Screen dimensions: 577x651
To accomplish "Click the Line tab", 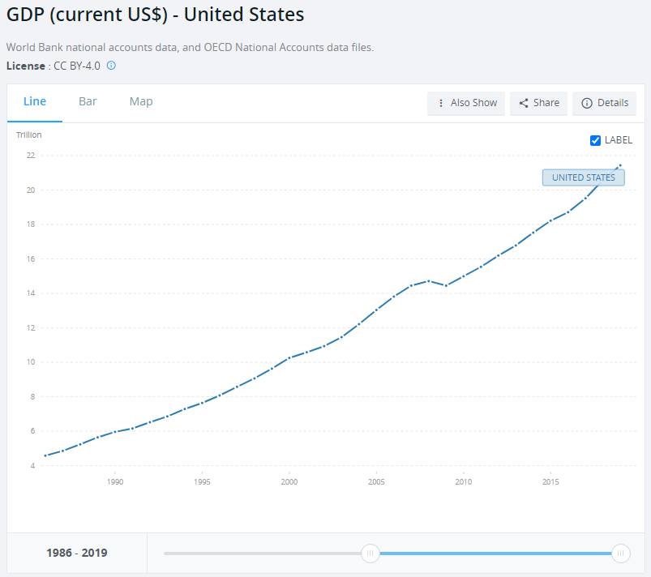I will [35, 101].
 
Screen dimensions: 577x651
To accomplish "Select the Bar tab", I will [88, 101].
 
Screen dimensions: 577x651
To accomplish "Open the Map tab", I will [141, 101].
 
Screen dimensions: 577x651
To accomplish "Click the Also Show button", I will [466, 103].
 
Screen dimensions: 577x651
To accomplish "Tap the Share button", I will [539, 103].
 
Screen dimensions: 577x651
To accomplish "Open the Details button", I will [605, 103].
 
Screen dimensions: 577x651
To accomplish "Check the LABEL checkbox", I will [596, 140].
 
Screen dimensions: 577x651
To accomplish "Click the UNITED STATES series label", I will [584, 177].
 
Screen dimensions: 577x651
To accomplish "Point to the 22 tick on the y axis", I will [31, 156].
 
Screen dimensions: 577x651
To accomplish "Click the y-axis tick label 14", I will [31, 293].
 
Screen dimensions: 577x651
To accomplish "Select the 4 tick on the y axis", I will [32, 465].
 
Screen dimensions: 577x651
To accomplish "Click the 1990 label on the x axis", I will [115, 482].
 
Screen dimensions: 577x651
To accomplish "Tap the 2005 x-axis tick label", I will [376, 482].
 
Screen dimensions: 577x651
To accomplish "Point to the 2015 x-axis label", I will [550, 482].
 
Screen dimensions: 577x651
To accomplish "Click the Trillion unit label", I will [29, 135].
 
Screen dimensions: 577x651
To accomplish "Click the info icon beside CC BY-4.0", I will [112, 65].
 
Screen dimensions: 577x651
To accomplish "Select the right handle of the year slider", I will [621, 553].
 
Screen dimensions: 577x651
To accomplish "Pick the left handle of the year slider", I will [370, 553].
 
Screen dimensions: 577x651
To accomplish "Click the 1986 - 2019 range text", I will [77, 553].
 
